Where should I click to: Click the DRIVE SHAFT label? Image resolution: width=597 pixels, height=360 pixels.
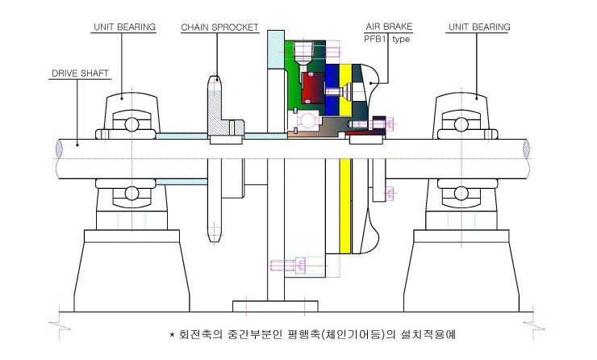[x=80, y=73]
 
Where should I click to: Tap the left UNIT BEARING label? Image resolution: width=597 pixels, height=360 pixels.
[x=124, y=27]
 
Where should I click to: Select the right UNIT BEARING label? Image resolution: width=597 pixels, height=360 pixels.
[x=479, y=27]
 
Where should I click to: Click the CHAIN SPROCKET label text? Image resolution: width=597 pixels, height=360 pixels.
[x=219, y=27]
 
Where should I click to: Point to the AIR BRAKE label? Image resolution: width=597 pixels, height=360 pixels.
[x=389, y=27]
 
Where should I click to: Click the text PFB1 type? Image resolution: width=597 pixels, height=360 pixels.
[x=386, y=39]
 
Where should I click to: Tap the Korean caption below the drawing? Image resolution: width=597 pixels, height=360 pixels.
[x=312, y=334]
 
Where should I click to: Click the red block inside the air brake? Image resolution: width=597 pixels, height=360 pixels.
[x=313, y=88]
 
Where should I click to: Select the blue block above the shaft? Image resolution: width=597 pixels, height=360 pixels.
[x=332, y=89]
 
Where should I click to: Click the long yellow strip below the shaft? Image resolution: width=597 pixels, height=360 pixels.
[x=345, y=206]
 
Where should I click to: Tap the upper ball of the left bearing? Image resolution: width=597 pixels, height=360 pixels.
[x=132, y=124]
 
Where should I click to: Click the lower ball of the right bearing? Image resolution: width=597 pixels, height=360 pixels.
[x=461, y=193]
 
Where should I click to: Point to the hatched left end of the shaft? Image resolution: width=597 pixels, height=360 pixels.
[x=59, y=149]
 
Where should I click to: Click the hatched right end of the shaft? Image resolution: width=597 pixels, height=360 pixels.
[x=526, y=149]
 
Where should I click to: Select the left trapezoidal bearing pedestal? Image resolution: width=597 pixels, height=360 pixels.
[x=132, y=271]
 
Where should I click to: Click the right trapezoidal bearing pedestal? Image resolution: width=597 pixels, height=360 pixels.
[x=461, y=271]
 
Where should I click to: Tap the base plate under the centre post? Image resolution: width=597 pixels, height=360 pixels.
[x=275, y=306]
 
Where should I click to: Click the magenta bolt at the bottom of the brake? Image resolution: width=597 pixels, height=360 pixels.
[x=288, y=265]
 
